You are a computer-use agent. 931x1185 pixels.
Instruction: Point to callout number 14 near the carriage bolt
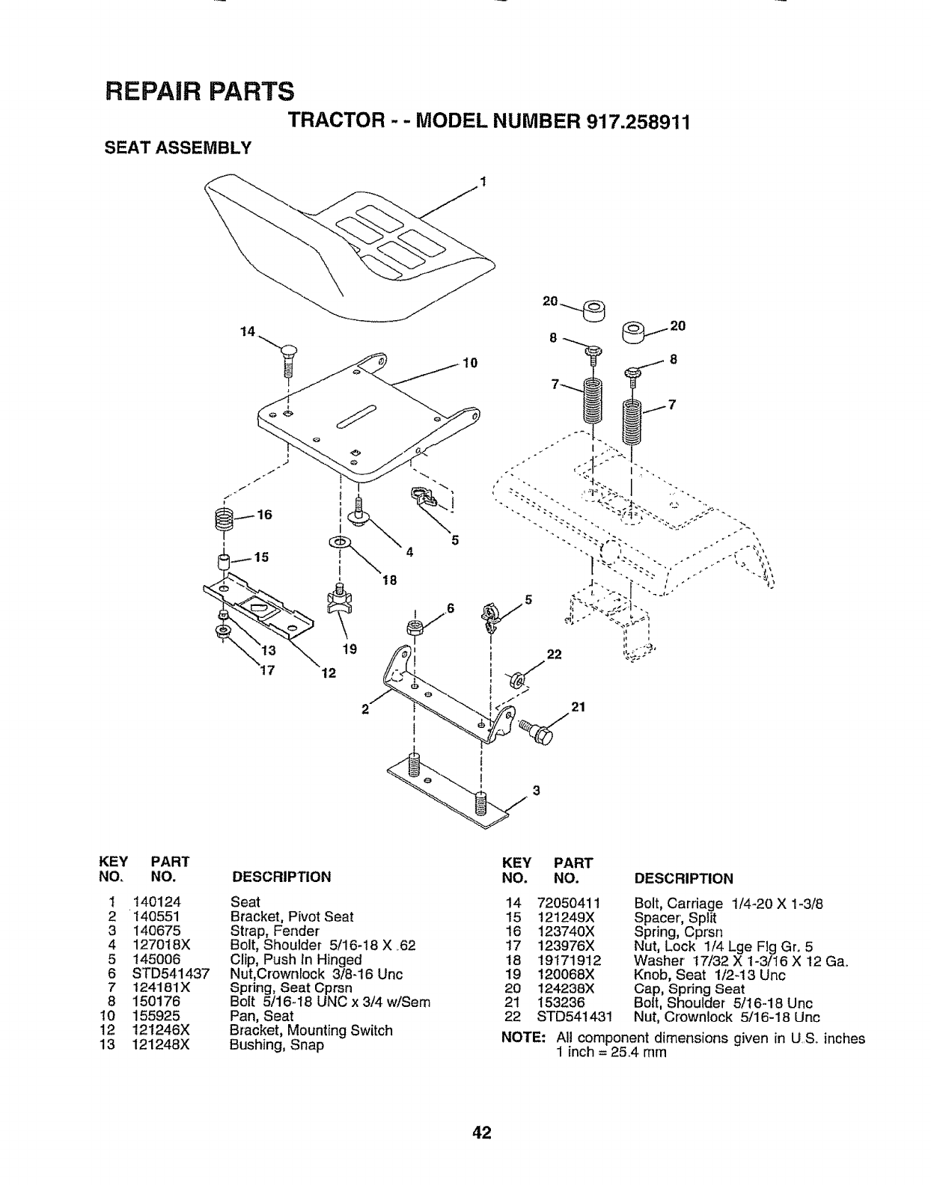click(248, 331)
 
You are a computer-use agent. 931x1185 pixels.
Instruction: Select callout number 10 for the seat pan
click(470, 364)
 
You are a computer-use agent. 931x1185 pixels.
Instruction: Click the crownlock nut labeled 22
click(516, 680)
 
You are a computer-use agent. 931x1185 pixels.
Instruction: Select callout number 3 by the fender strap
click(535, 791)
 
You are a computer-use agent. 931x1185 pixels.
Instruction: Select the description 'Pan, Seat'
click(261, 1016)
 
